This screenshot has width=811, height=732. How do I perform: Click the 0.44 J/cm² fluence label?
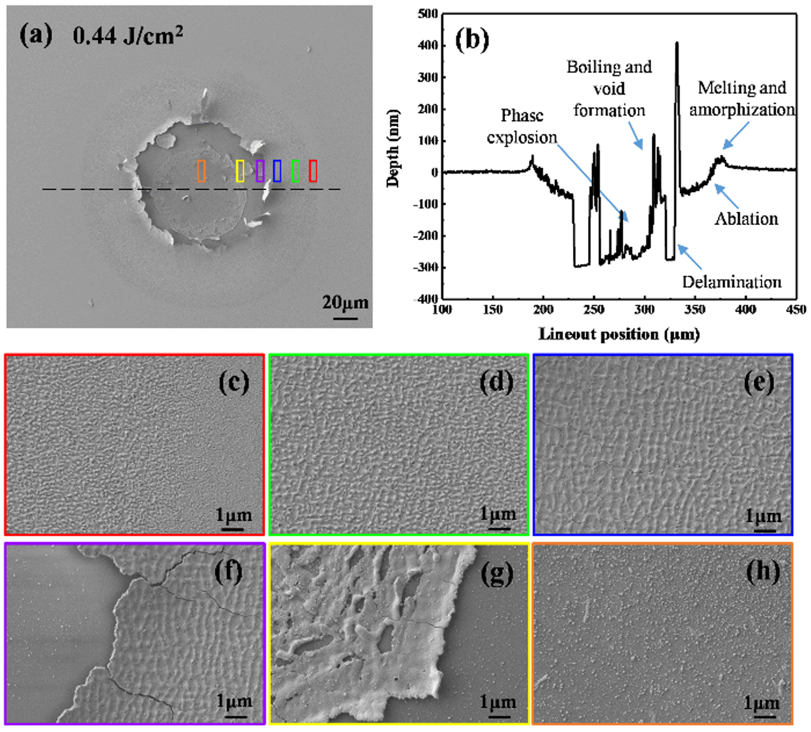tap(128, 35)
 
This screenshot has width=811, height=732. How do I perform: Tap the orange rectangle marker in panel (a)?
tap(201, 171)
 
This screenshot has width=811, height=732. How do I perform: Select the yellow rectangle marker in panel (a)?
tap(239, 171)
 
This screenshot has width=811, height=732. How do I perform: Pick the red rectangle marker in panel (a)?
tap(313, 171)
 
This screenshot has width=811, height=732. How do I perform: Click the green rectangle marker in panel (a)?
tap(296, 171)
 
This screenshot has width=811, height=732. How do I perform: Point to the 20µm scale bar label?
tap(346, 303)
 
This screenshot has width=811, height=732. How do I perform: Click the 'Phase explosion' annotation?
tap(521, 126)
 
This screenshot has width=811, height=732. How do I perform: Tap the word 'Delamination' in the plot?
tap(731, 282)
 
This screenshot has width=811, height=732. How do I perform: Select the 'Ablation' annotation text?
tap(746, 219)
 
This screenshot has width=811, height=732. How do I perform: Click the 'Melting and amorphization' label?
tap(742, 99)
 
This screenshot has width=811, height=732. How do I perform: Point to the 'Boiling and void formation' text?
tap(609, 88)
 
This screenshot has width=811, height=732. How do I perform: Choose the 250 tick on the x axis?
tap(593, 309)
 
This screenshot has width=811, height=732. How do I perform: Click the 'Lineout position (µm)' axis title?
tap(619, 335)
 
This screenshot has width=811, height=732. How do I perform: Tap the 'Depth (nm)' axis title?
tap(393, 148)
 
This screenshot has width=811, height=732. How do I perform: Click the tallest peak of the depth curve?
tap(677, 43)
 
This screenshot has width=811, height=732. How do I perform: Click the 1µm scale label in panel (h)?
tap(762, 703)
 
